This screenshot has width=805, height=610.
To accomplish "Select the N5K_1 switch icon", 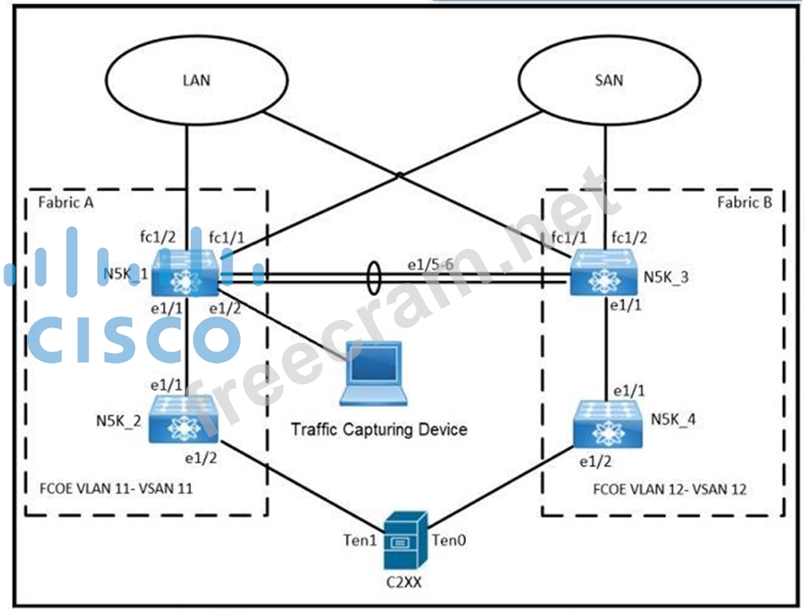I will pyautogui.click(x=185, y=272).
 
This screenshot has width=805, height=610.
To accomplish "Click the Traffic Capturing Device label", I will pyautogui.click(x=379, y=429).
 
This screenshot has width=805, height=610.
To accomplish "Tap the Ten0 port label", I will pyautogui.click(x=448, y=539).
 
